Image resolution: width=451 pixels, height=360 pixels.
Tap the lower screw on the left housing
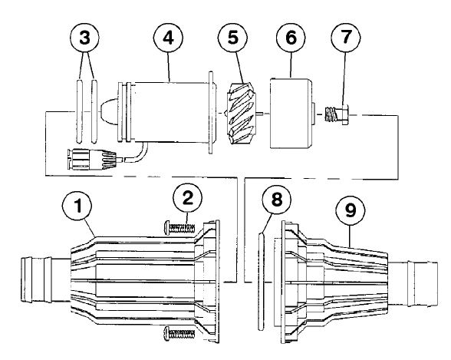point(181,332)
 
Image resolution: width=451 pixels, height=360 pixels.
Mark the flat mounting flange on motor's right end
point(209,112)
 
